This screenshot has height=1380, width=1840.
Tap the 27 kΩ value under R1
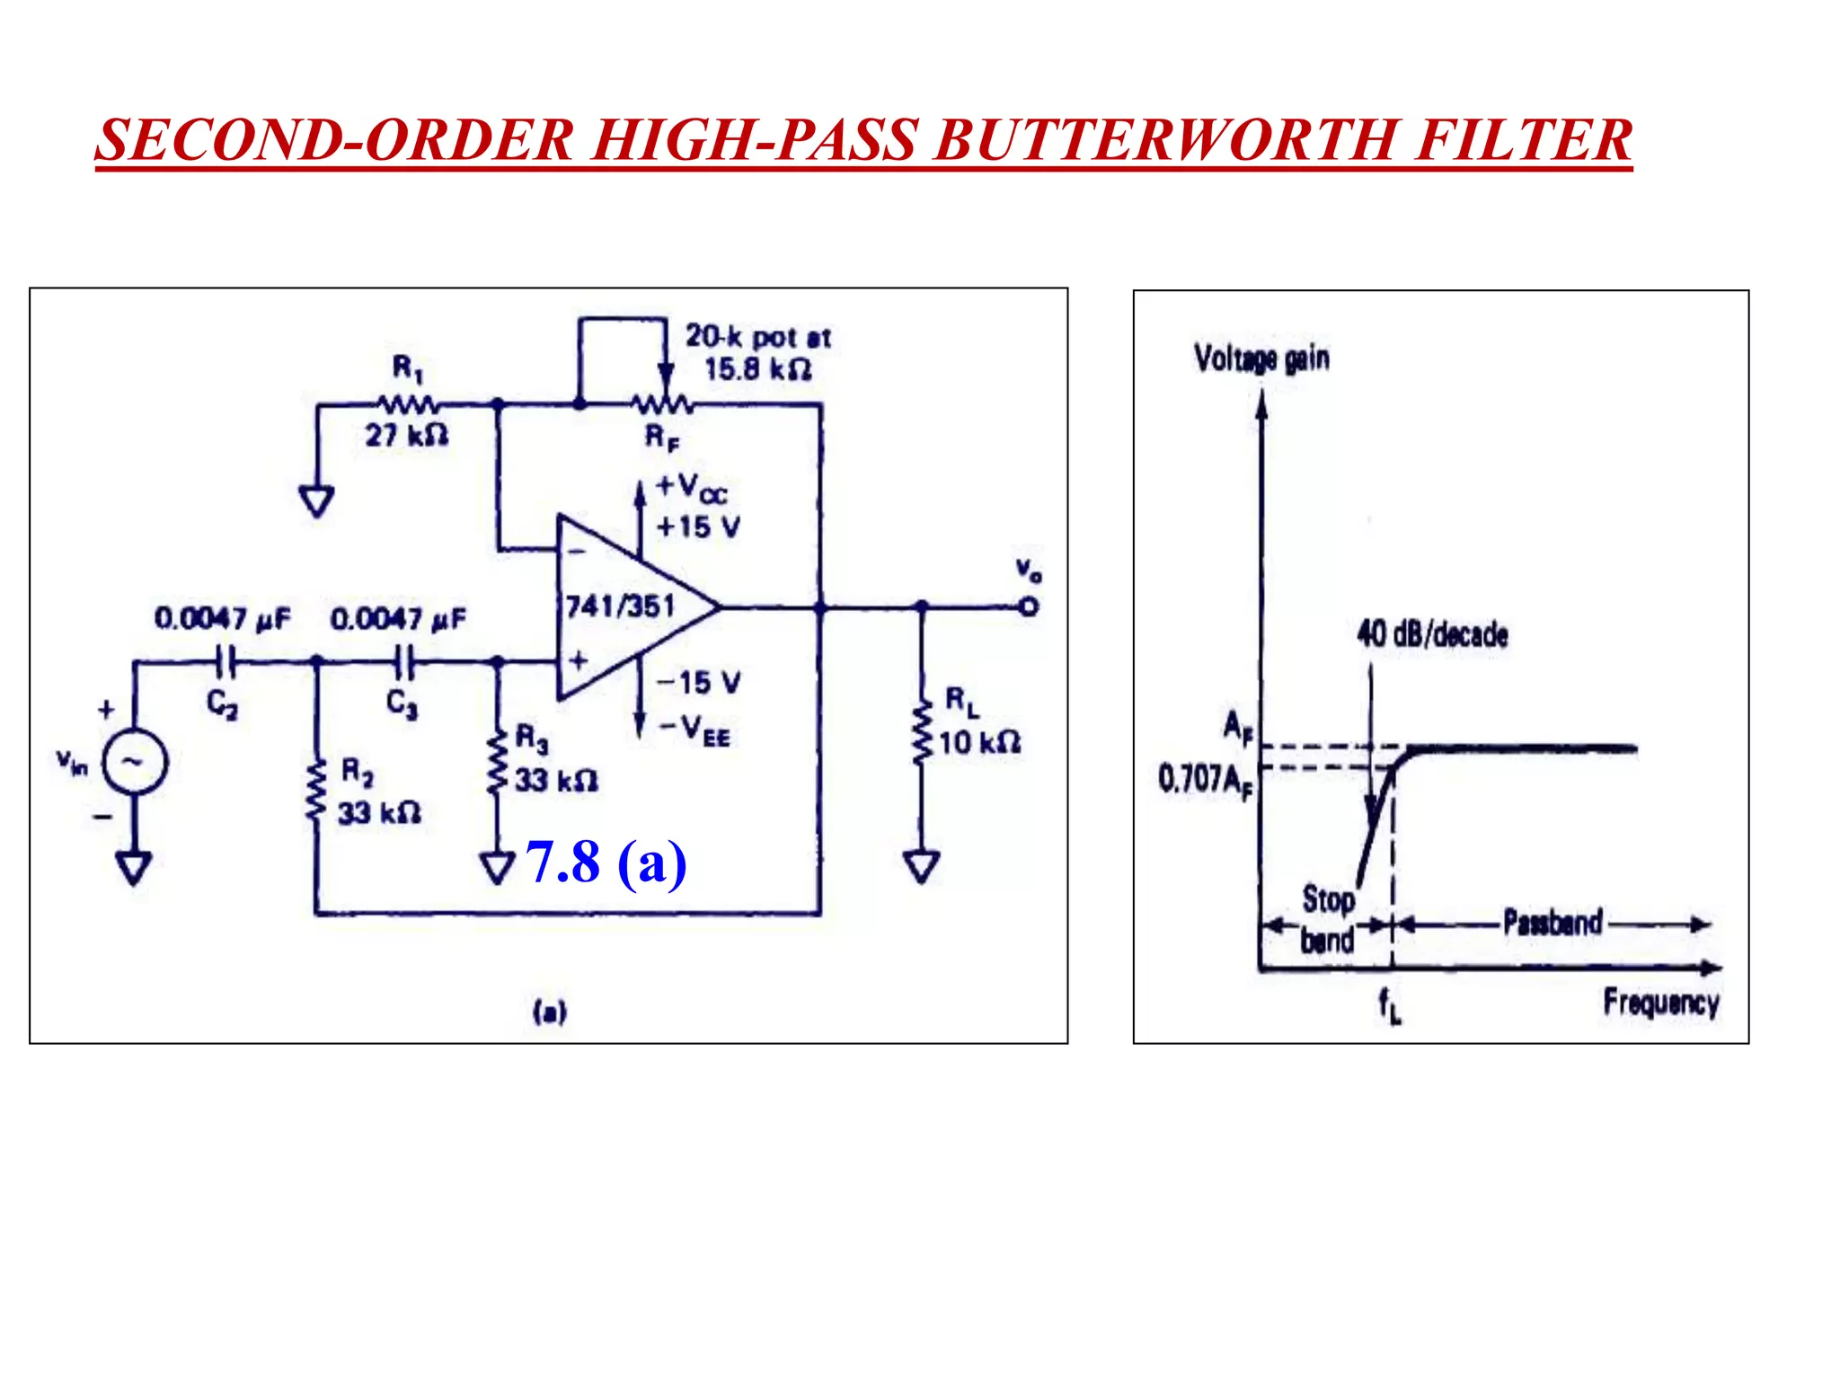[x=406, y=436]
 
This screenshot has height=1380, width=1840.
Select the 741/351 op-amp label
[x=620, y=606]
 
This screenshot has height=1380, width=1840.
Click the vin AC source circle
[x=135, y=762]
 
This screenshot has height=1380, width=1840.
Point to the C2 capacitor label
[x=222, y=703]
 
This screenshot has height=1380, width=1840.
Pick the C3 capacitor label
[x=402, y=703]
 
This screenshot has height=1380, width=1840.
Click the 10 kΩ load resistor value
[x=979, y=743]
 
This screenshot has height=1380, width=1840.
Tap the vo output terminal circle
[x=1030, y=606]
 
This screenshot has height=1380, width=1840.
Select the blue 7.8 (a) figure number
[x=606, y=862]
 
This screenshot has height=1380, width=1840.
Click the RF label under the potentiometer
[x=662, y=438]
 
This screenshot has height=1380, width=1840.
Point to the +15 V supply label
[x=698, y=526]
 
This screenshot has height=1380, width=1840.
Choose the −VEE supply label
[x=694, y=730]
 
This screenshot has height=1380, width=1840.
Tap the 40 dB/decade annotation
[x=1432, y=634]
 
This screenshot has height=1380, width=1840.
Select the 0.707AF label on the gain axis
[x=1205, y=779]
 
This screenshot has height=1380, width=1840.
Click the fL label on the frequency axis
[x=1389, y=1005]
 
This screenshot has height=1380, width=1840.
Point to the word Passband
[x=1552, y=923]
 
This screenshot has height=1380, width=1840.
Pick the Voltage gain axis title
[x=1261, y=358]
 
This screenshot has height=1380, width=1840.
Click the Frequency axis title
[x=1661, y=1002]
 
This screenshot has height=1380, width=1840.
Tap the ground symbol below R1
[x=316, y=500]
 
